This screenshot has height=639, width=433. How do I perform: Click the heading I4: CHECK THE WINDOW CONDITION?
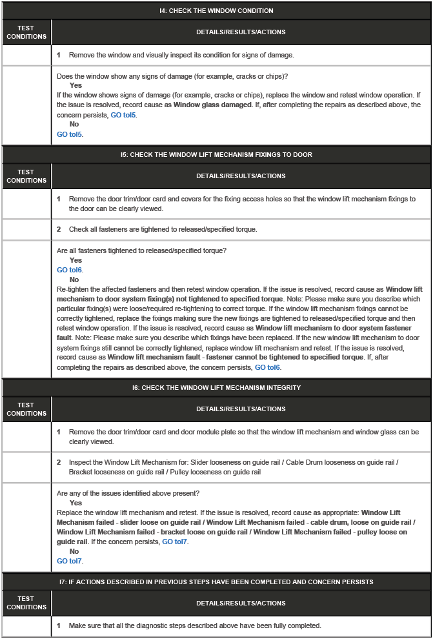[x=216, y=11]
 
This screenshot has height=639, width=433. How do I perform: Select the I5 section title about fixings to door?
[x=216, y=155]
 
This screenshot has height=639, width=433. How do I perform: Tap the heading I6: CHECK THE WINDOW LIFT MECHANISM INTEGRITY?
[x=216, y=388]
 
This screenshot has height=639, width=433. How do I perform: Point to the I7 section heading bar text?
[x=216, y=582]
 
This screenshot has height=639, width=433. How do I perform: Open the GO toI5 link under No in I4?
[x=70, y=135]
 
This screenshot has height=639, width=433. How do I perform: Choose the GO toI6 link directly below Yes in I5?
[x=70, y=270]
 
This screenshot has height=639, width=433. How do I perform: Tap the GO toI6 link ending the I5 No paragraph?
[x=267, y=367]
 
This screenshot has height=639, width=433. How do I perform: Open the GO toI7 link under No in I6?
[x=70, y=561]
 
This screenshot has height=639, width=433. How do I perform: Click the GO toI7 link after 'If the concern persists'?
[x=175, y=542]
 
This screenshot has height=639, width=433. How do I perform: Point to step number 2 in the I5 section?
[x=59, y=230]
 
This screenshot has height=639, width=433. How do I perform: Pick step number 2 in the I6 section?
[x=59, y=463]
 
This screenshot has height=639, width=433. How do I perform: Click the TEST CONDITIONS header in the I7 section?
[x=26, y=603]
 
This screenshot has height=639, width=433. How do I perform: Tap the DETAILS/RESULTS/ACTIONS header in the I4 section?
[x=241, y=32]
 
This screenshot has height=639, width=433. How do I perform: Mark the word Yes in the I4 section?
[x=76, y=86]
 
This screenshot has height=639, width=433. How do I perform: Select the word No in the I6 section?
[x=74, y=552]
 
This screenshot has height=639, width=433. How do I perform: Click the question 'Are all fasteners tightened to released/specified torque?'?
[x=141, y=250]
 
